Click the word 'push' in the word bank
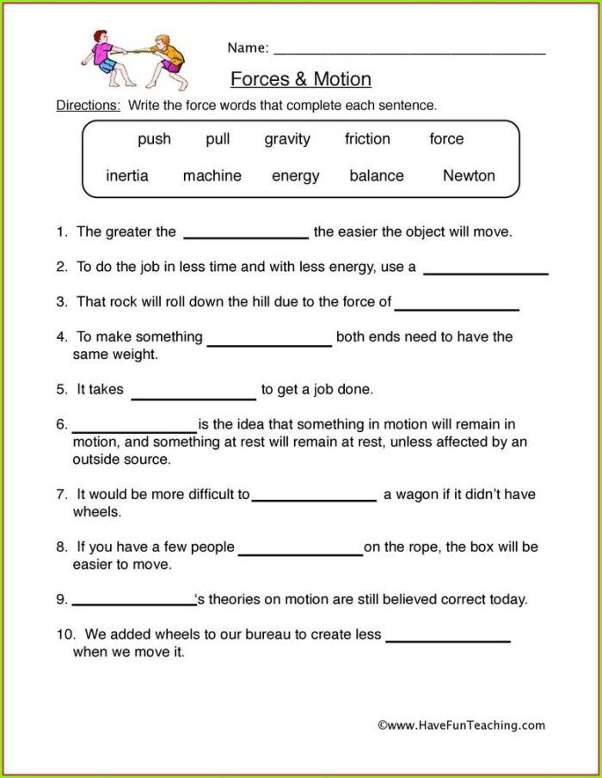[154, 139]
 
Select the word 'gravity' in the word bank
[287, 139]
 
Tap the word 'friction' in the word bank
[367, 139]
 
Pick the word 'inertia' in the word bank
[127, 176]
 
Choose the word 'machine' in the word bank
[212, 176]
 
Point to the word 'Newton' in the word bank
[469, 176]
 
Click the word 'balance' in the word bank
[377, 176]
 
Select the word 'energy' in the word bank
[296, 176]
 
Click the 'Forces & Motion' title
[301, 79]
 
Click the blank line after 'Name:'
[409, 52]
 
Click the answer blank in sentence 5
[193, 396]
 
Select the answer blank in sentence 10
[448, 639]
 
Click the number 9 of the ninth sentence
[61, 599]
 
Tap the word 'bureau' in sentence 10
[304, 634]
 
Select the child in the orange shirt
[169, 60]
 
